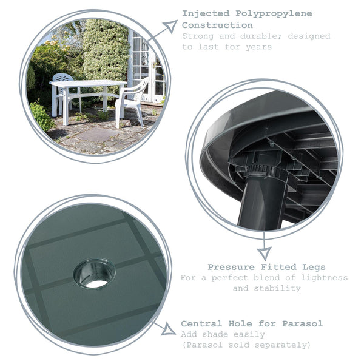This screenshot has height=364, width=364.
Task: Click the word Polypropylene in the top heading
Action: [x=283, y=13]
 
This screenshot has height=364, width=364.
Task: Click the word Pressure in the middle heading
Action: [x=230, y=267]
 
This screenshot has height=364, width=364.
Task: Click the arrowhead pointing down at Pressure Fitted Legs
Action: [x=264, y=253]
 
